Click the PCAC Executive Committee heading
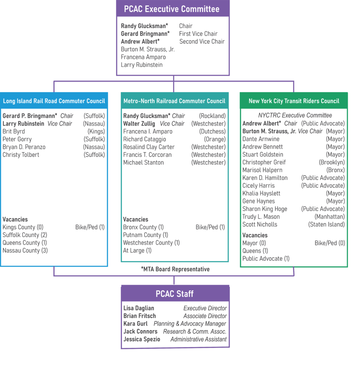pos(172,9)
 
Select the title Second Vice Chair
pos(202,41)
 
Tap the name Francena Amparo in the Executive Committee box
pos(143,57)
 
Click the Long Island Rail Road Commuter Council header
pos(54,101)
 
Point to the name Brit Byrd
pos(14,131)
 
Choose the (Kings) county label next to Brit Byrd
pos(96,131)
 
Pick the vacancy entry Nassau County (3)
pos(25,250)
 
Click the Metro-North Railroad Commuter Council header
pos(174,101)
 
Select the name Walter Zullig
pos(139,123)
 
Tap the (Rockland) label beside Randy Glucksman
pos(212,116)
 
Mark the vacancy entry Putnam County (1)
pos(145,235)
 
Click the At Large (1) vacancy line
pos(137,250)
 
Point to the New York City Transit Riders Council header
pos(294,101)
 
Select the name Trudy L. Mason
pos(261,217)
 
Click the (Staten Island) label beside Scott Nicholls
pos(326,224)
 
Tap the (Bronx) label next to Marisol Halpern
pos(336,170)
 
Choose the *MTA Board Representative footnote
pos(175,269)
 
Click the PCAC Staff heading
pos(175,294)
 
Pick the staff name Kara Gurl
pos(135,323)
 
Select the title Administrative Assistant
pos(198,339)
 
